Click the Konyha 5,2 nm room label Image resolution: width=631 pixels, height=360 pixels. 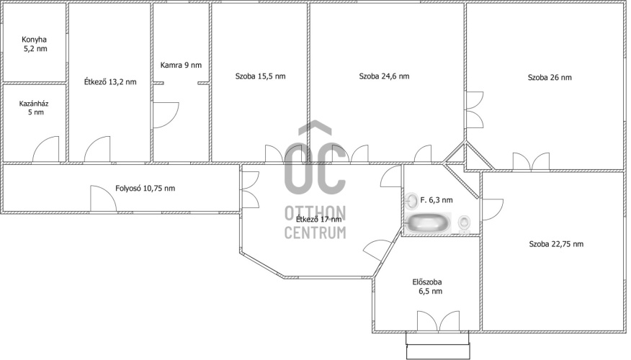click(x=34, y=44)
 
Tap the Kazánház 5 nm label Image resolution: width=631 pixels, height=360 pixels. click(x=34, y=108)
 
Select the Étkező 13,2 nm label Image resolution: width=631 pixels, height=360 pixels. click(x=110, y=81)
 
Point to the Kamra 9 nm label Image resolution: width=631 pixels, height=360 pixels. click(x=181, y=65)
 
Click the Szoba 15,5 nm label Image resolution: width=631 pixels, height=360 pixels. click(x=260, y=76)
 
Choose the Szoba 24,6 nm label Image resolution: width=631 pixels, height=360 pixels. click(x=384, y=76)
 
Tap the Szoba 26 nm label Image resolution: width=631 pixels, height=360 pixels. click(x=550, y=77)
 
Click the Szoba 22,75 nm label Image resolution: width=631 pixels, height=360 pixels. click(x=556, y=244)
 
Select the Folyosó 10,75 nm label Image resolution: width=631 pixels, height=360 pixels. click(x=145, y=188)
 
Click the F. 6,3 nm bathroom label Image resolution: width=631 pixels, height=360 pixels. click(x=437, y=199)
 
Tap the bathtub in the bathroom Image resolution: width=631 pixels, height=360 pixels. click(x=428, y=222)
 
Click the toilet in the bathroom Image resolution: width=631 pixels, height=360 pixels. click(x=465, y=224)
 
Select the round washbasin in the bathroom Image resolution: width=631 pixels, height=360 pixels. click(x=412, y=200)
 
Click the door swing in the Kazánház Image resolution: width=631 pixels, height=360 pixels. click(x=46, y=149)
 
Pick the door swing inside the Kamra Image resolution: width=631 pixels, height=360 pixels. click(x=166, y=115)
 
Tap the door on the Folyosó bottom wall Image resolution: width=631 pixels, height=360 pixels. click(x=103, y=198)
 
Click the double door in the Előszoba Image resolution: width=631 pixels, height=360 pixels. click(x=438, y=320)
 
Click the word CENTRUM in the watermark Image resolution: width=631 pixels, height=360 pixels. click(x=315, y=233)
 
